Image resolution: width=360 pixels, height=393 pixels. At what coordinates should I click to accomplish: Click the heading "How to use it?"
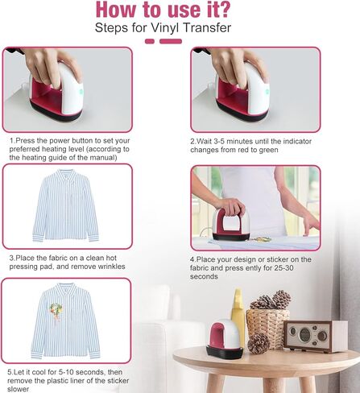[163, 10]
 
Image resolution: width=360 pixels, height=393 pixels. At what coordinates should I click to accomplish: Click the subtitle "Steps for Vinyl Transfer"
[163, 28]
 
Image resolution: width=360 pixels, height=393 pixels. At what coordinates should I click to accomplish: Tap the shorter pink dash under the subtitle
[150, 41]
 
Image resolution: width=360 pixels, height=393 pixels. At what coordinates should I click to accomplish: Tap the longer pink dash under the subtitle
[171, 41]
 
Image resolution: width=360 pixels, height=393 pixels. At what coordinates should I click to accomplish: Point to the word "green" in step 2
[268, 150]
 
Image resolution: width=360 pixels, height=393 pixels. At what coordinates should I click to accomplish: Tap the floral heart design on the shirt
[56, 312]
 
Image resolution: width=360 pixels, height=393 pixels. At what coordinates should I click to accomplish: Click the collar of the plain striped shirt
[66, 174]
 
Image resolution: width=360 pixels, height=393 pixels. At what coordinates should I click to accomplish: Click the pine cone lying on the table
[259, 343]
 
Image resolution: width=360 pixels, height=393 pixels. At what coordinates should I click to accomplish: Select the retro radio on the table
[315, 336]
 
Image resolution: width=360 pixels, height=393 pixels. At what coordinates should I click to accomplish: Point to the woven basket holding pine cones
[267, 325]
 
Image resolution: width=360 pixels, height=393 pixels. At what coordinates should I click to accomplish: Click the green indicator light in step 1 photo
[81, 92]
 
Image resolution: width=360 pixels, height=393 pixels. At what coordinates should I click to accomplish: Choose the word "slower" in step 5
[18, 389]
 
